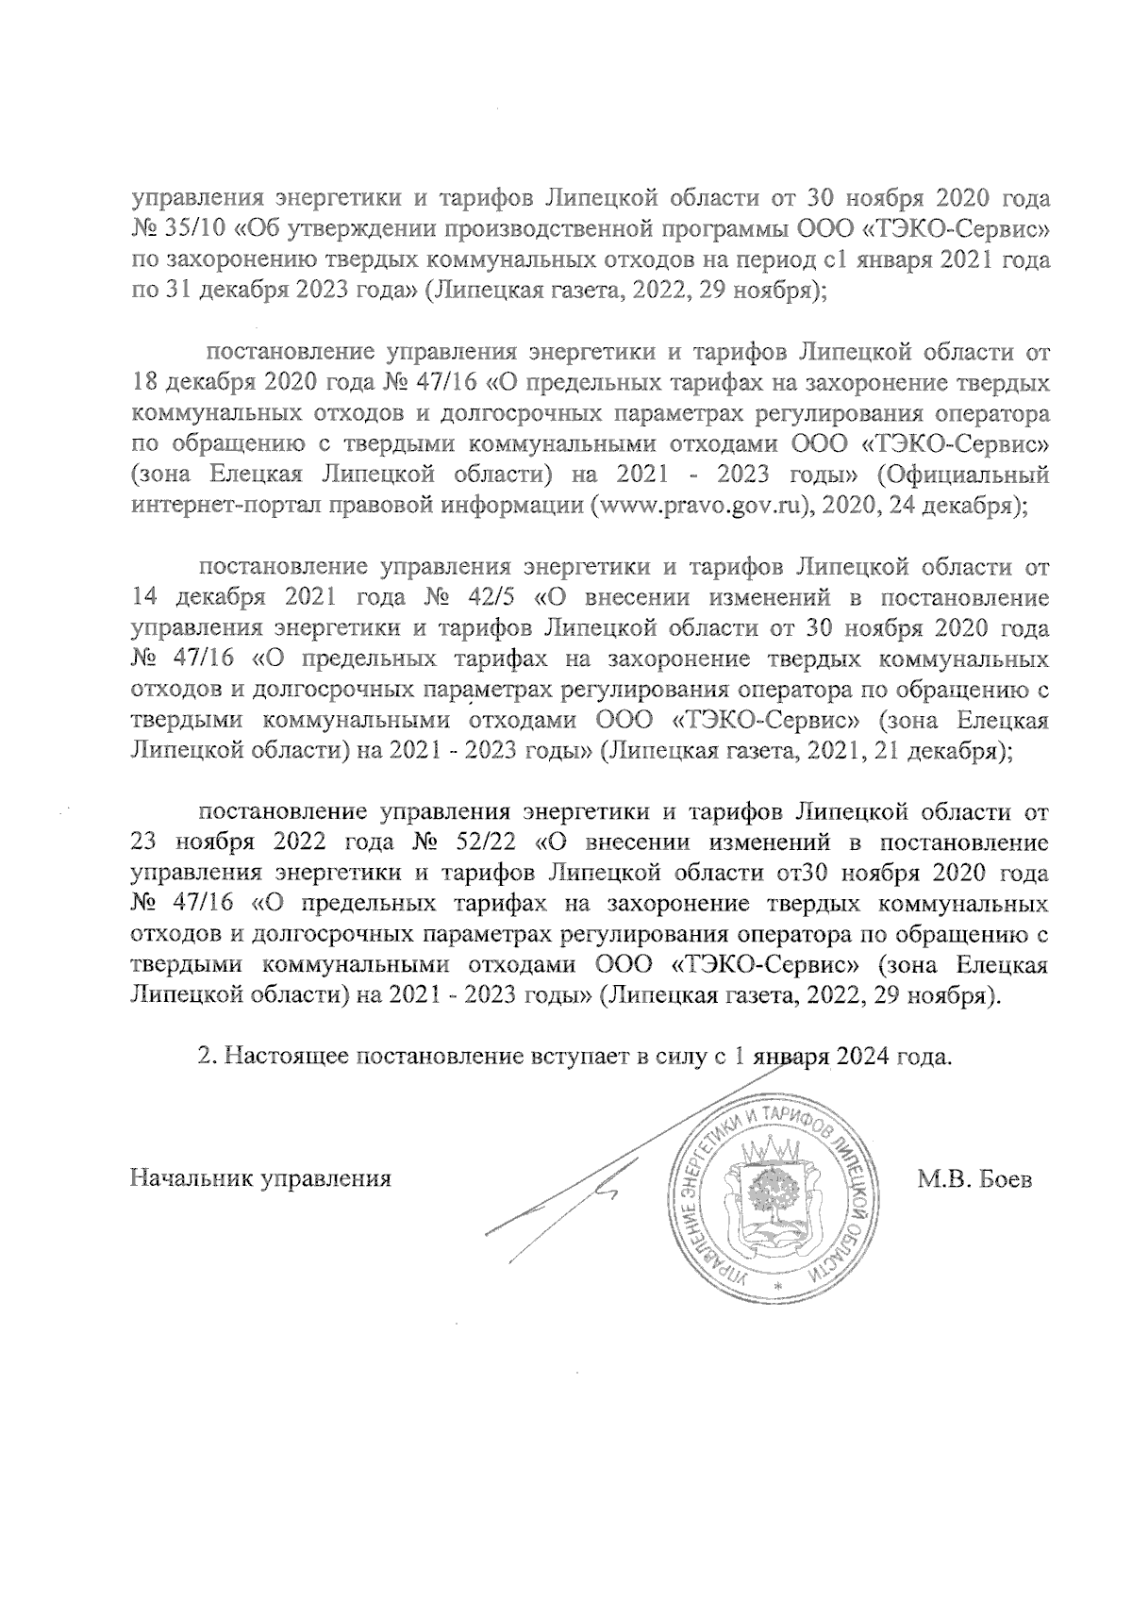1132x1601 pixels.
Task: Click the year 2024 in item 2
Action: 867,1057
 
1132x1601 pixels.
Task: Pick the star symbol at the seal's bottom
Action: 778,1288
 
